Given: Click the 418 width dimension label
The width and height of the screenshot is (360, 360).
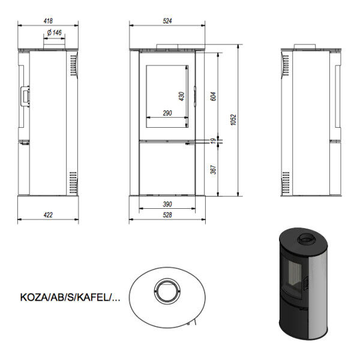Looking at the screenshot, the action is coord(48,21).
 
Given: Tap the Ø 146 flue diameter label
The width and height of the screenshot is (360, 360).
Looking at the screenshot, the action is coord(55,32).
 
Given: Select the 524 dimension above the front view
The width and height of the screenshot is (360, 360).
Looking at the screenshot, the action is coord(167,21).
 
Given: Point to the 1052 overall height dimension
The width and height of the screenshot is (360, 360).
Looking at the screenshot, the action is coord(233,119).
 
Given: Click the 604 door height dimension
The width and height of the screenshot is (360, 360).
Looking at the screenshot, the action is coord(213,97).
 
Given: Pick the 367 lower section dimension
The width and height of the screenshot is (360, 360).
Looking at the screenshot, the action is coord(213,169).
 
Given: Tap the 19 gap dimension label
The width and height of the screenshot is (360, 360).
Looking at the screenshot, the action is coord(214,141).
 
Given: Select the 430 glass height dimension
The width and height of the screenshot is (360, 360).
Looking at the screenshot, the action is coord(181,96).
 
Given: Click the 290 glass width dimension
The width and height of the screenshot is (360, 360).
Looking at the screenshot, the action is coord(167,113).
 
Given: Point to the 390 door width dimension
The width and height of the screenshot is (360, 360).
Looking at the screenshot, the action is coord(167,204).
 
